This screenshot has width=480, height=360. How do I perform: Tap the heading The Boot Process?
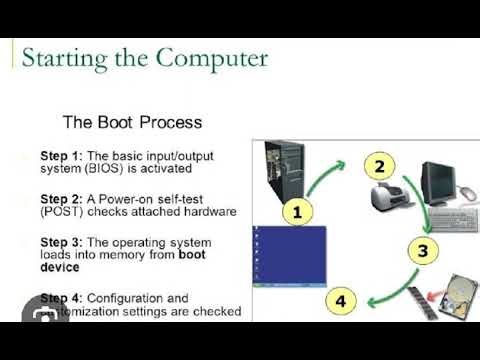tap(132, 123)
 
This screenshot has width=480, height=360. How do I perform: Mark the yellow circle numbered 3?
tap(423, 250)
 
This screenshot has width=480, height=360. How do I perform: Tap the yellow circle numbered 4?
tap(340, 299)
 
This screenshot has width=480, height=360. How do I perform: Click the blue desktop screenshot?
tap(289, 256)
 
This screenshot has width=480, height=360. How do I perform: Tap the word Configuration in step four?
tap(126, 298)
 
